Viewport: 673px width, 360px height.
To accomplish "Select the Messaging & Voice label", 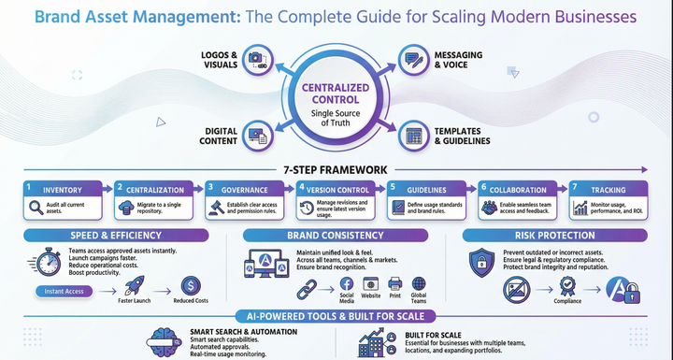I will (459, 61).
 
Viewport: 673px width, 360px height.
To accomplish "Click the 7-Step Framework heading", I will (336, 169).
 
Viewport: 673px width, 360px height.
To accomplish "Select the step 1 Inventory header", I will (65, 187).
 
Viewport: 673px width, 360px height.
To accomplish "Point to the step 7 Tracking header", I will (610, 187).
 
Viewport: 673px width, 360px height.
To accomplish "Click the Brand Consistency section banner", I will (336, 236).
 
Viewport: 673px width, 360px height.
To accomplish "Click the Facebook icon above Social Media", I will (345, 282).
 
